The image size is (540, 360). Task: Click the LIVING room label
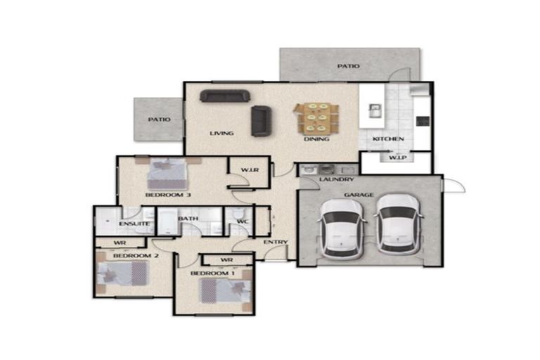click(x=221, y=134)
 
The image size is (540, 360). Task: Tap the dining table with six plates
click(x=317, y=118)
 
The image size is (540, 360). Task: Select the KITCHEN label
click(x=388, y=139)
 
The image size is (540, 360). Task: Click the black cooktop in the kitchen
click(x=423, y=121)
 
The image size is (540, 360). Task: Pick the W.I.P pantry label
click(x=398, y=157)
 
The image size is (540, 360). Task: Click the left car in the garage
click(x=342, y=229)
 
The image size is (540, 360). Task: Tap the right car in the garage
click(x=399, y=224)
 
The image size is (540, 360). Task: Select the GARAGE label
click(x=359, y=195)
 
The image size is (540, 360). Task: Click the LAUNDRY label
click(x=336, y=179)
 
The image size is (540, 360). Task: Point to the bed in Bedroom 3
click(x=167, y=173)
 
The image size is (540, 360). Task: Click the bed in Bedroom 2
click(x=122, y=274)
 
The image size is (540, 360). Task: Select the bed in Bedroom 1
click(x=225, y=291)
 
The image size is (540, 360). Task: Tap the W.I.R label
click(x=250, y=170)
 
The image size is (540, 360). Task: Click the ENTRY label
click(x=276, y=242)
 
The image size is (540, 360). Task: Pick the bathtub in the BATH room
click(x=167, y=221)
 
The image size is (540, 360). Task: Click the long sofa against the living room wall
click(x=225, y=96)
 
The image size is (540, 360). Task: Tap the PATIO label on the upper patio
click(x=348, y=66)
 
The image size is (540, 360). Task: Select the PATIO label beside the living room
click(x=159, y=120)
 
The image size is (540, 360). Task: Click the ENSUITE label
click(x=134, y=224)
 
